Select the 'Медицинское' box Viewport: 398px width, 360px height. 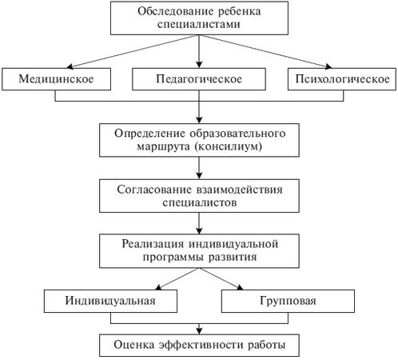pyautogui.click(x=54, y=80)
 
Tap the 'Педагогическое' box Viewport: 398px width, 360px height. pyautogui.click(x=199, y=80)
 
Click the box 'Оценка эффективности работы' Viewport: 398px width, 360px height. pyautogui.click(x=199, y=346)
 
